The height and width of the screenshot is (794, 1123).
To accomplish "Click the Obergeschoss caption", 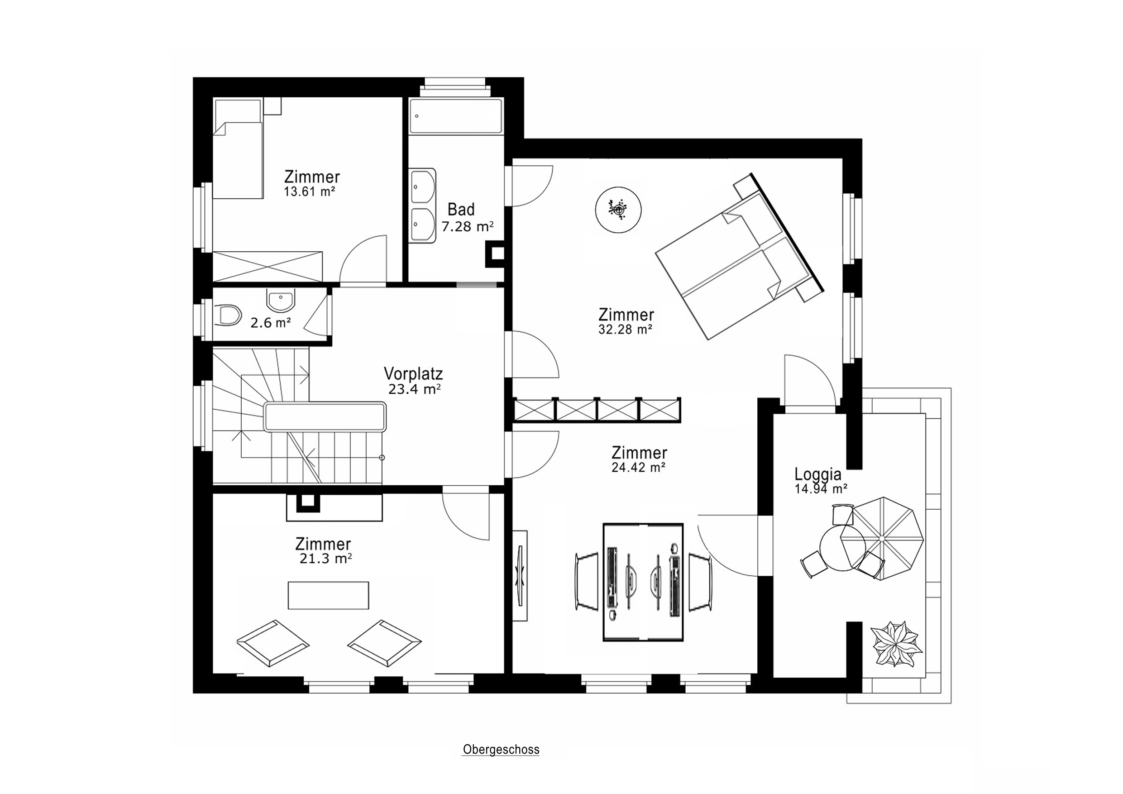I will [x=501, y=750].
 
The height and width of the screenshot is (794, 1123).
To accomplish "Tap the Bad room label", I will [x=461, y=210].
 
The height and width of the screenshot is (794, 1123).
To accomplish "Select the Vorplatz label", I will [x=413, y=374].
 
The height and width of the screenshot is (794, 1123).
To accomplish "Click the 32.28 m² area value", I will [x=626, y=330].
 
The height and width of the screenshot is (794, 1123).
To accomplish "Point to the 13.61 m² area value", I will [x=309, y=192].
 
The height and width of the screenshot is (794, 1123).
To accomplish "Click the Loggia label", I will [x=818, y=474].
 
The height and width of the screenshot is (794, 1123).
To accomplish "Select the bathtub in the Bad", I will [x=455, y=116].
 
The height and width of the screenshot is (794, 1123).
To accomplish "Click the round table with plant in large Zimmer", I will [x=618, y=210].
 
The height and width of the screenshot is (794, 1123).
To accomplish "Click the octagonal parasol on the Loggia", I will [x=881, y=538].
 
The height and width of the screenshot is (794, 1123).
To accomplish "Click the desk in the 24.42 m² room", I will [x=643, y=582].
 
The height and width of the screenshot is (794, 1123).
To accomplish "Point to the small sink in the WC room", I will [x=281, y=299].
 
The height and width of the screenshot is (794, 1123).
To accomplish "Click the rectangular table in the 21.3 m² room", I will [x=328, y=595].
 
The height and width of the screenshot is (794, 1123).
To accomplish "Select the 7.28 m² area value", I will [x=467, y=226].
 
